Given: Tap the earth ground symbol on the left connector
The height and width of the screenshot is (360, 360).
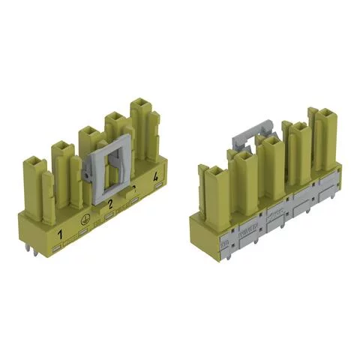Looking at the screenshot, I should (84, 222).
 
